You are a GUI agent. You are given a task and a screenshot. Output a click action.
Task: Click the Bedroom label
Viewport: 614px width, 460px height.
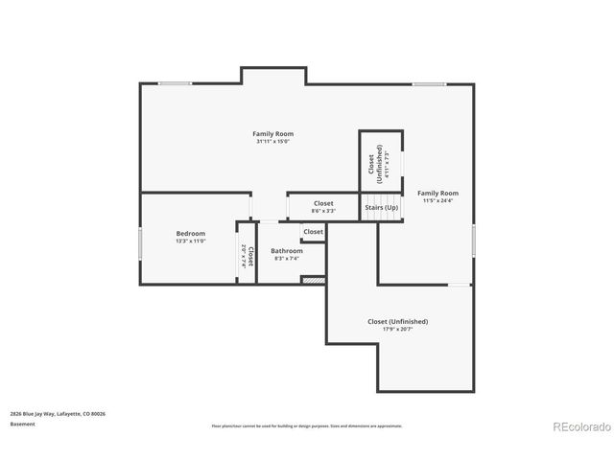click(190, 233)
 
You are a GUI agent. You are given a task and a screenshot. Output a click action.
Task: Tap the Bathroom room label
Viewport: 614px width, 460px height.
click(288, 250)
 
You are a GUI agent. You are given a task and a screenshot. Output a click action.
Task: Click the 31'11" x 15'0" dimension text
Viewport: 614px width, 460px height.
click(272, 142)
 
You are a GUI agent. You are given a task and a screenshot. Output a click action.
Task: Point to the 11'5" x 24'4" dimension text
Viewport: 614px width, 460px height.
click(437, 201)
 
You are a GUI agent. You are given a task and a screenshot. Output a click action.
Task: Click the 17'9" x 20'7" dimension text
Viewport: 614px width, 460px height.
click(397, 330)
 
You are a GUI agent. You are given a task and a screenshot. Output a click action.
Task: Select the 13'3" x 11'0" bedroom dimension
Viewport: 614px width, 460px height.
click(190, 241)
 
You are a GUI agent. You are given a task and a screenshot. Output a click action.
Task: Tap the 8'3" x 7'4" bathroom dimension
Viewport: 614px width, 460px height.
click(288, 258)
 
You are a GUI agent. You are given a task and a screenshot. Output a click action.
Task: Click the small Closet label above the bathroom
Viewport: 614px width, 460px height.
click(314, 232)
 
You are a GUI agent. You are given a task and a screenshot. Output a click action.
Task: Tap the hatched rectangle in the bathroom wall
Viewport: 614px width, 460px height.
click(314, 280)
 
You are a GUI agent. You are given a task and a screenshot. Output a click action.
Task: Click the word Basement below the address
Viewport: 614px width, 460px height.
click(22, 424)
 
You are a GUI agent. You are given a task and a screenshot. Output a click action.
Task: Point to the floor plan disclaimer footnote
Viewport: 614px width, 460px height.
click(306, 425)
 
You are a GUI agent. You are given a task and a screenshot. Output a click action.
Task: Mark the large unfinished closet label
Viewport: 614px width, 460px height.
click(397, 321)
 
